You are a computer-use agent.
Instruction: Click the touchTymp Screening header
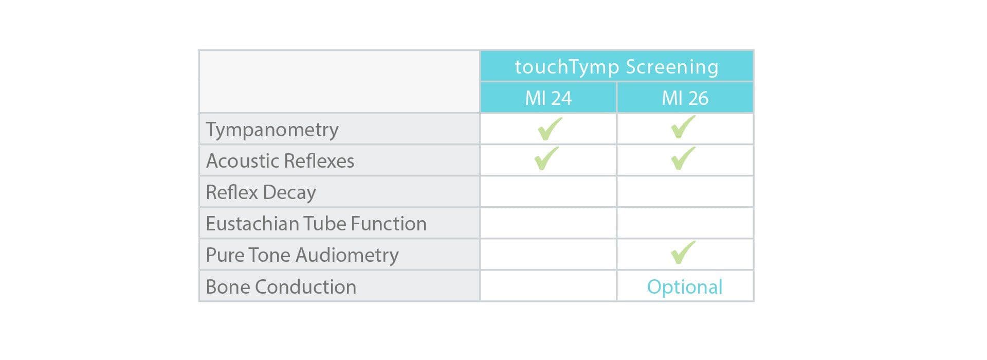coord(616,67)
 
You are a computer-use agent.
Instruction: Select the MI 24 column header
coord(548,98)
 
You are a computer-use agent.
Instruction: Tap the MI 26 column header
coord(685,98)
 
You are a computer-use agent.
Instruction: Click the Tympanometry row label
coord(272,130)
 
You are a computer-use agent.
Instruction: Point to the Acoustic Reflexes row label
coord(280,161)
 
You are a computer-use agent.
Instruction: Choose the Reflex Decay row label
coord(261,192)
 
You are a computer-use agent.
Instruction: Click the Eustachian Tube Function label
coord(316,224)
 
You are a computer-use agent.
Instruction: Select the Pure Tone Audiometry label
coord(302,255)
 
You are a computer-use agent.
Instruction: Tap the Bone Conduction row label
coord(281,287)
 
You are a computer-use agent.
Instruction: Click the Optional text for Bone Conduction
coord(685,287)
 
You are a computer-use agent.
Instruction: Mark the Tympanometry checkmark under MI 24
coord(549,129)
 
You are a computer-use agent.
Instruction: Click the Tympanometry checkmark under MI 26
coord(683,128)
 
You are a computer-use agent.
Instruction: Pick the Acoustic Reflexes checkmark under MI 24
coord(546,158)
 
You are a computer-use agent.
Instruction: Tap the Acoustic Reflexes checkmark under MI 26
coord(683,158)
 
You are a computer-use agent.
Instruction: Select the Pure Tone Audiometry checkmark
coord(683,253)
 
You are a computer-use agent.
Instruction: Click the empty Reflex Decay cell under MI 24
coord(548,192)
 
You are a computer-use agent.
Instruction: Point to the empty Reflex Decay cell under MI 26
coord(685,192)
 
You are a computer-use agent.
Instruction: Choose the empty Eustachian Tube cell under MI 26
coord(685,223)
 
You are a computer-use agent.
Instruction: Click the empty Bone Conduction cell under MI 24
coord(548,286)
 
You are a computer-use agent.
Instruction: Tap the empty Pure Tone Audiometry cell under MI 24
coord(548,255)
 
